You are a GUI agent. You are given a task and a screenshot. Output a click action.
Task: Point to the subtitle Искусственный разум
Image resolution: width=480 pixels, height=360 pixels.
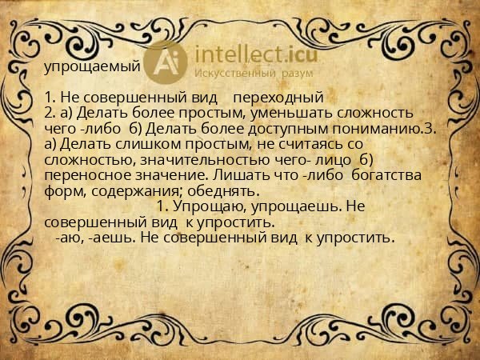click(255, 74)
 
